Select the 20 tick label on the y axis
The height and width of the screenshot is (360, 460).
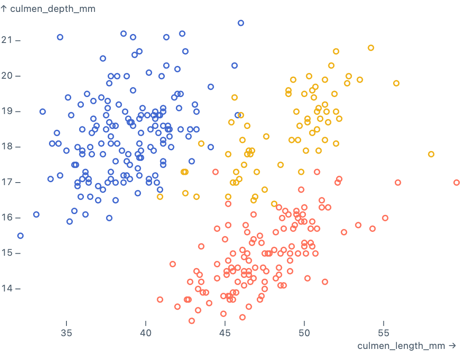(x=8, y=76)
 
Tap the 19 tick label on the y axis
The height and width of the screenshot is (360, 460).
(x=8, y=111)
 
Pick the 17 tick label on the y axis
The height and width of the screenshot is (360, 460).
(x=8, y=182)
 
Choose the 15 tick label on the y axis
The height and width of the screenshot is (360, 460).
(x=8, y=253)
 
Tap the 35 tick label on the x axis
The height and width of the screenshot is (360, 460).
(x=66, y=332)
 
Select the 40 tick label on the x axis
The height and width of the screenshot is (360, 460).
(x=146, y=332)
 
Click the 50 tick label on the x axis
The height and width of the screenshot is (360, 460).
(x=304, y=332)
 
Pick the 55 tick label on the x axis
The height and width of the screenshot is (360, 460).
(x=383, y=332)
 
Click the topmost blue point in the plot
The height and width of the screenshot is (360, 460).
(x=241, y=23)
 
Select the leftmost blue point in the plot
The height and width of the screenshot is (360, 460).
(x=20, y=236)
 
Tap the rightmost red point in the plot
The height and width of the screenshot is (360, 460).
(x=457, y=183)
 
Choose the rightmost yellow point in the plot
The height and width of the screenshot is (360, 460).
(x=431, y=154)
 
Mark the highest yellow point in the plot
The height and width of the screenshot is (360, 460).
(x=371, y=48)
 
